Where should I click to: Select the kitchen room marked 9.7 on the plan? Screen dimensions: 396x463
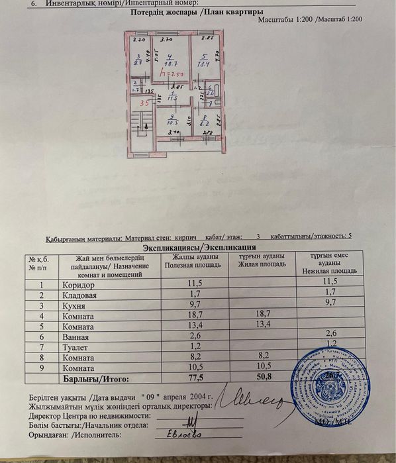tap(138, 60)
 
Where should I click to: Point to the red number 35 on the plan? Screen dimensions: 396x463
tap(144, 103)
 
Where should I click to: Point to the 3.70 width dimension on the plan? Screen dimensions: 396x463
tap(166, 39)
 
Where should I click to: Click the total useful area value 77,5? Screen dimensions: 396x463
tap(195, 379)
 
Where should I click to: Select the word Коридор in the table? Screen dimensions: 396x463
tap(78, 283)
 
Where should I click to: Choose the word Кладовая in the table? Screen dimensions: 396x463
tap(80, 294)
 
